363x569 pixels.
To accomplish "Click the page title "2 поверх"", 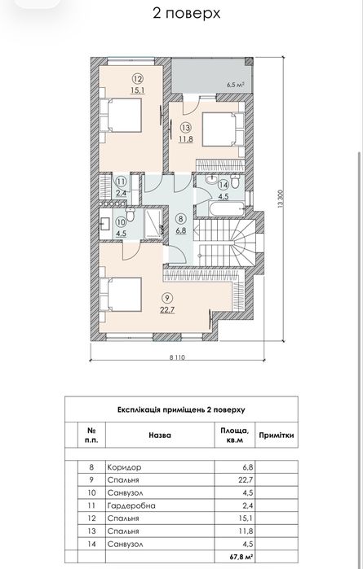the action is click(x=186, y=13).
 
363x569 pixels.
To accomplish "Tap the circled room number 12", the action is click(x=138, y=79).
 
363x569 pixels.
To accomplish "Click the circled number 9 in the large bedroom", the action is click(x=167, y=299).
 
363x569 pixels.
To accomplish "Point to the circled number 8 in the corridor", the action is click(x=181, y=219).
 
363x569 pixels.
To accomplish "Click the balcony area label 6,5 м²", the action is click(x=235, y=85).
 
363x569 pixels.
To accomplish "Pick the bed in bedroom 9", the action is click(x=121, y=295).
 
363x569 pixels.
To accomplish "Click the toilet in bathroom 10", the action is click(x=130, y=215).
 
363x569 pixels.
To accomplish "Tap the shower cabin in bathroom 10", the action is click(x=153, y=224).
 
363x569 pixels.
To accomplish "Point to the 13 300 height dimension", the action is click(x=280, y=199).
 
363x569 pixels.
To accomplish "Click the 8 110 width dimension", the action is click(x=177, y=357).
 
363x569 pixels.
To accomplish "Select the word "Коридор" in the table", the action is click(x=124, y=467).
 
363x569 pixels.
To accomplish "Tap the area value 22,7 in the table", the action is click(x=246, y=480).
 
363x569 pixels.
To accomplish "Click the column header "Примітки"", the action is click(x=277, y=436).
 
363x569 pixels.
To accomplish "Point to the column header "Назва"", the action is click(x=160, y=436).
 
